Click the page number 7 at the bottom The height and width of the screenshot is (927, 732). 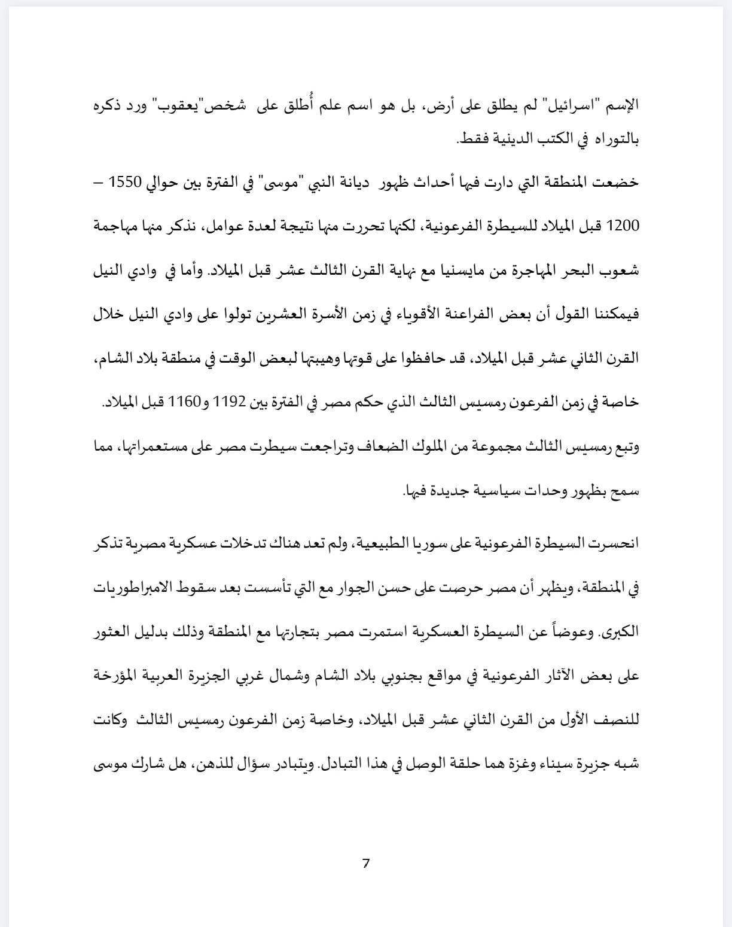[366, 863]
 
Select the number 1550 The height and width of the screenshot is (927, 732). [125, 182]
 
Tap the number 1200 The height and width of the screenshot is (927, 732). [623, 226]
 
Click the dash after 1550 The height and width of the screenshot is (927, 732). [98, 182]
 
